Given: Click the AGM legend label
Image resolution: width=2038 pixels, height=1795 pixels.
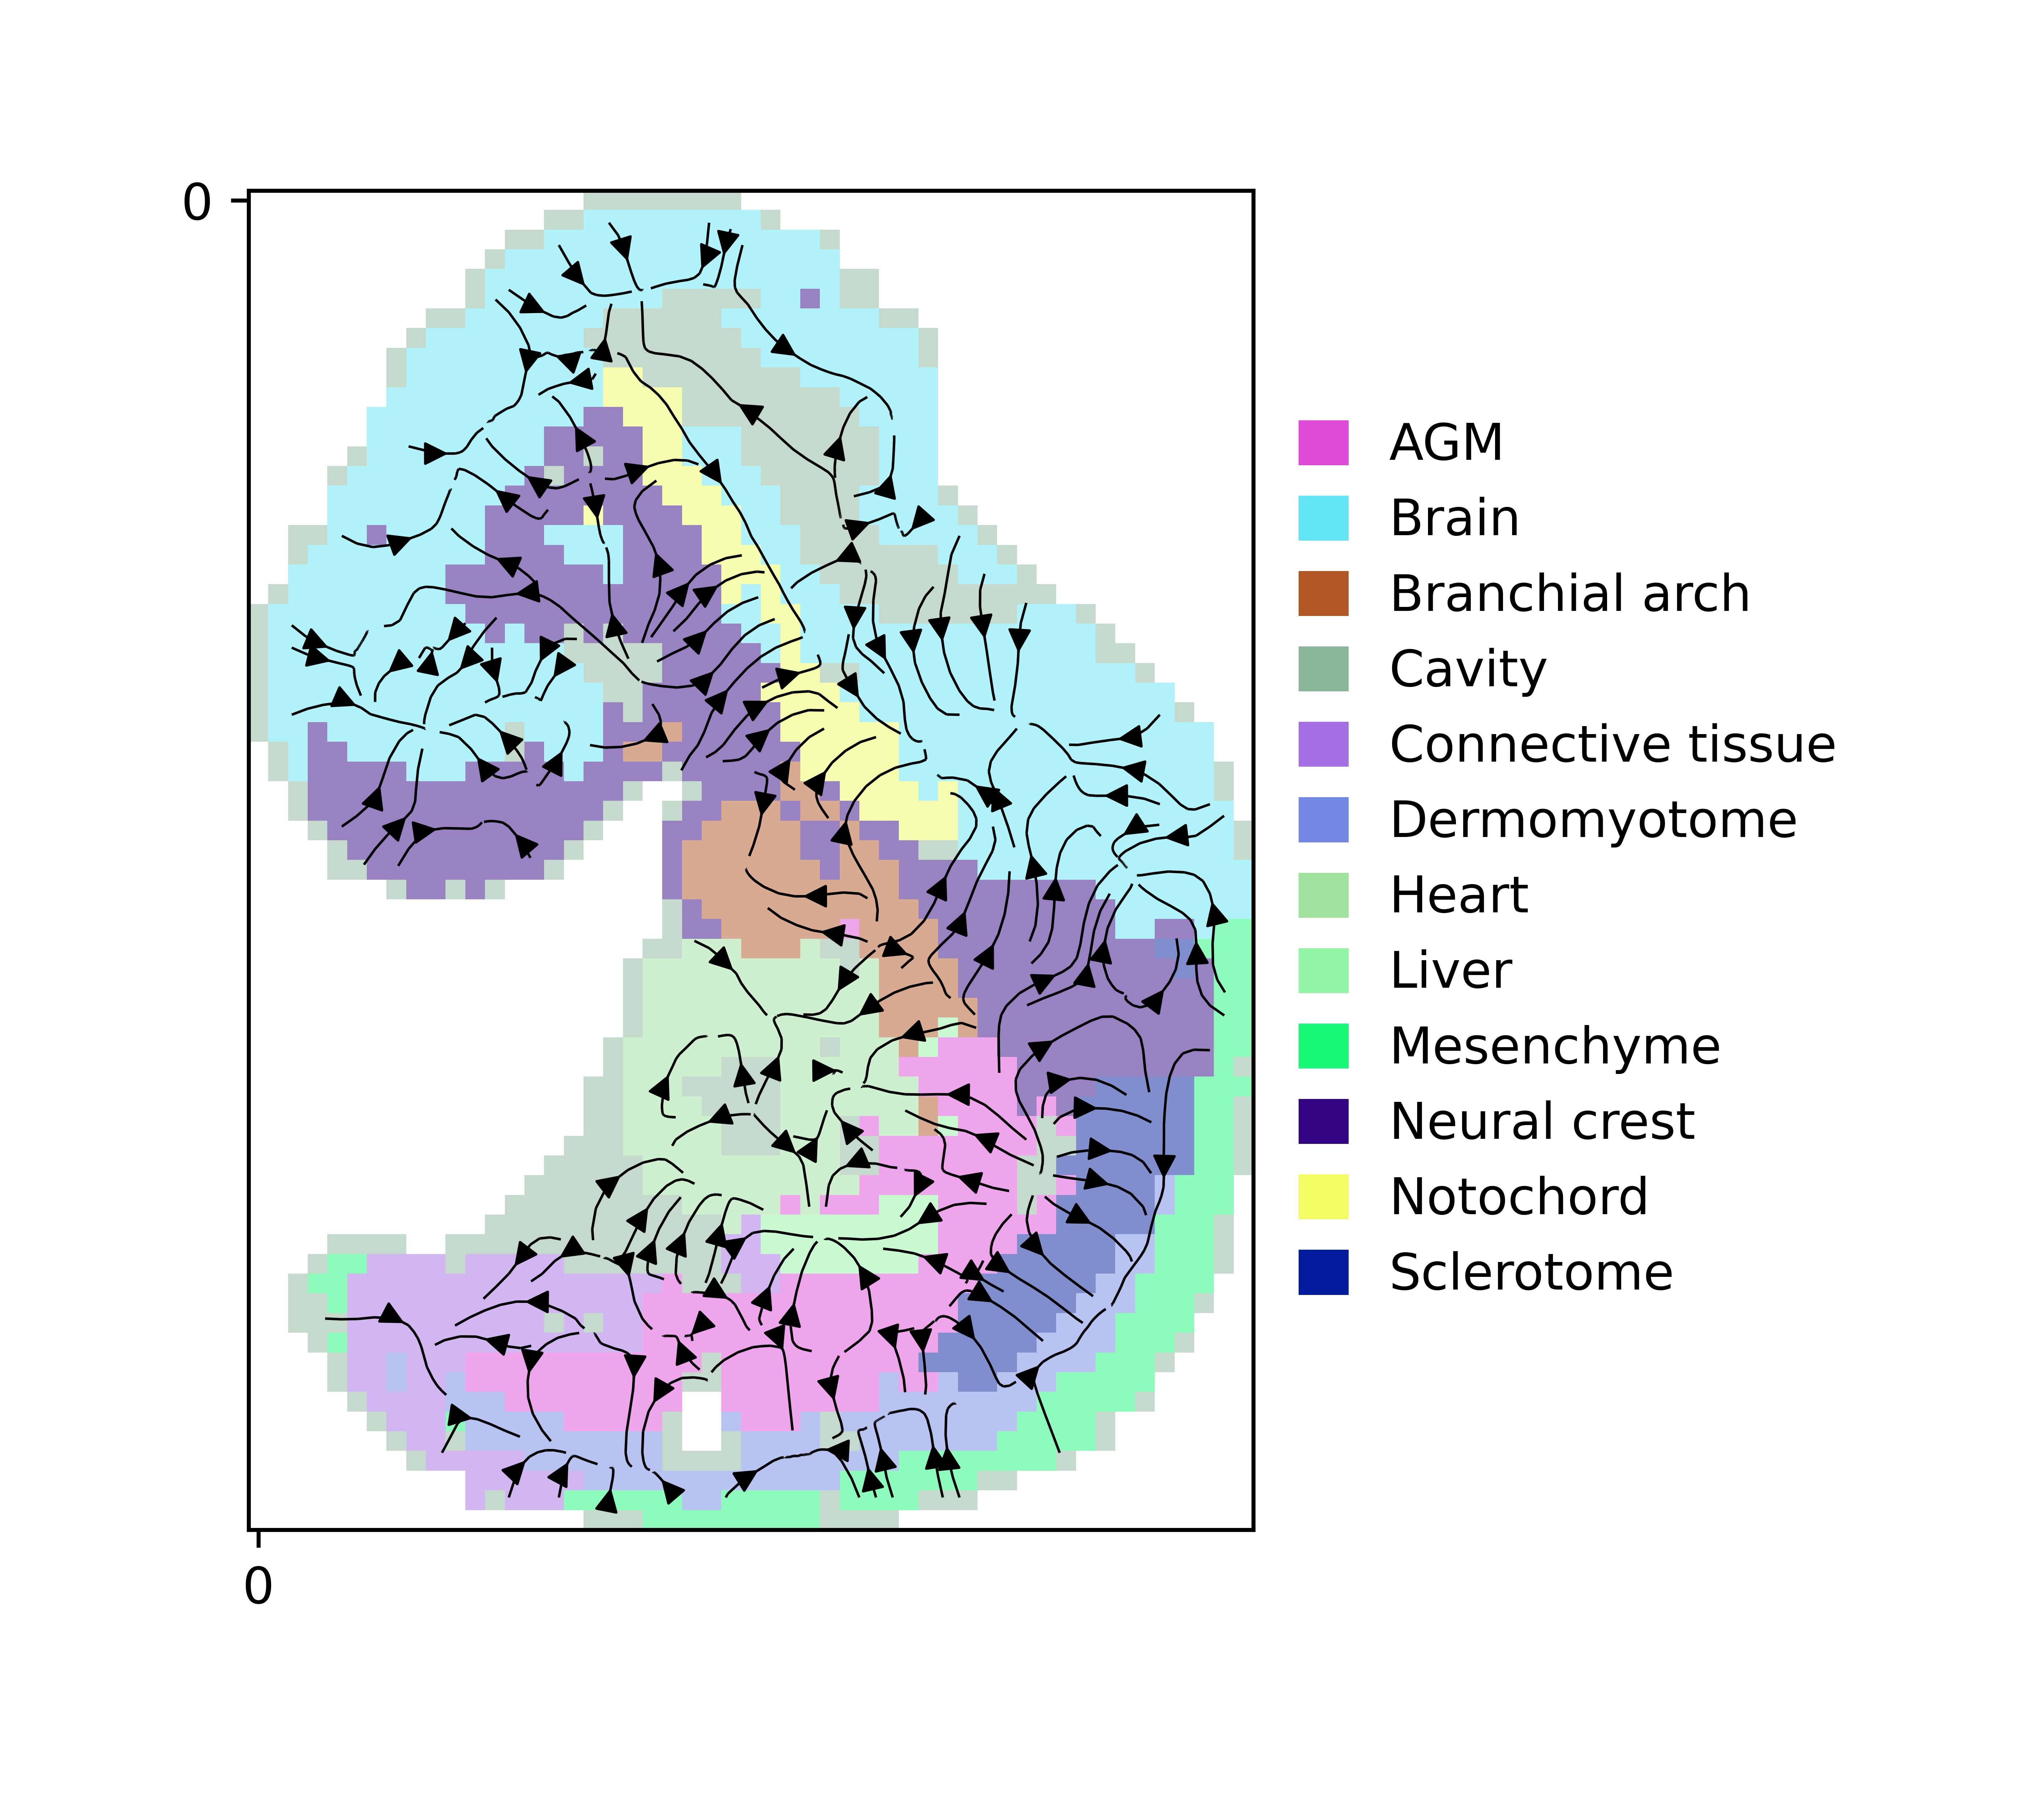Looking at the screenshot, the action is pyautogui.click(x=1446, y=442).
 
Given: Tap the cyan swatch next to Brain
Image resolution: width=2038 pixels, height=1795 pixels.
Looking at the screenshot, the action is pyautogui.click(x=1323, y=518).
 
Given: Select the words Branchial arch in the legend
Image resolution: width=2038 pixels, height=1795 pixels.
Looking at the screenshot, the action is pyautogui.click(x=1569, y=594).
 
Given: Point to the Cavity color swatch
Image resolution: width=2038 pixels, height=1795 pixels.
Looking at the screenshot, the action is pyautogui.click(x=1323, y=669).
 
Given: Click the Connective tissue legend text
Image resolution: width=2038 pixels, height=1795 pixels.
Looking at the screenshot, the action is pyautogui.click(x=1612, y=745).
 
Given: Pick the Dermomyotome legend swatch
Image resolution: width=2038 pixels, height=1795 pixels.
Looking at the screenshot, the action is pyautogui.click(x=1323, y=819).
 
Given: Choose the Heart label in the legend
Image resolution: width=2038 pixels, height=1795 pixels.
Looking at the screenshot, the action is pyautogui.click(x=1459, y=895).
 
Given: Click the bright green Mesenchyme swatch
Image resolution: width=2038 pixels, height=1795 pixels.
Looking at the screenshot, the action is pyautogui.click(x=1323, y=1045).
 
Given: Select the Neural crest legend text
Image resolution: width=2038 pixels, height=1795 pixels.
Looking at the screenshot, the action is pyautogui.click(x=1541, y=1121).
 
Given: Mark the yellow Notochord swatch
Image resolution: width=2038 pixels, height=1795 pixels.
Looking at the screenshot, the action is pyautogui.click(x=1323, y=1196).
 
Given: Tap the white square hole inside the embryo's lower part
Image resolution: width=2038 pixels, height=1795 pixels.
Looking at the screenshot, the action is pyautogui.click(x=701, y=1420).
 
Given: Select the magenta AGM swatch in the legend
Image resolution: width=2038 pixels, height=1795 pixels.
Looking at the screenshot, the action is pyautogui.click(x=1323, y=442).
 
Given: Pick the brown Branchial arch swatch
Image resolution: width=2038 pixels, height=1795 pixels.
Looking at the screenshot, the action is pyautogui.click(x=1323, y=594).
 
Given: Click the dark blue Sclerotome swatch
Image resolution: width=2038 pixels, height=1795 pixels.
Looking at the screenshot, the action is pyautogui.click(x=1323, y=1272).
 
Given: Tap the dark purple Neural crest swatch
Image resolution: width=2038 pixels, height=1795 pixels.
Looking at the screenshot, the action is pyautogui.click(x=1323, y=1121).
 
